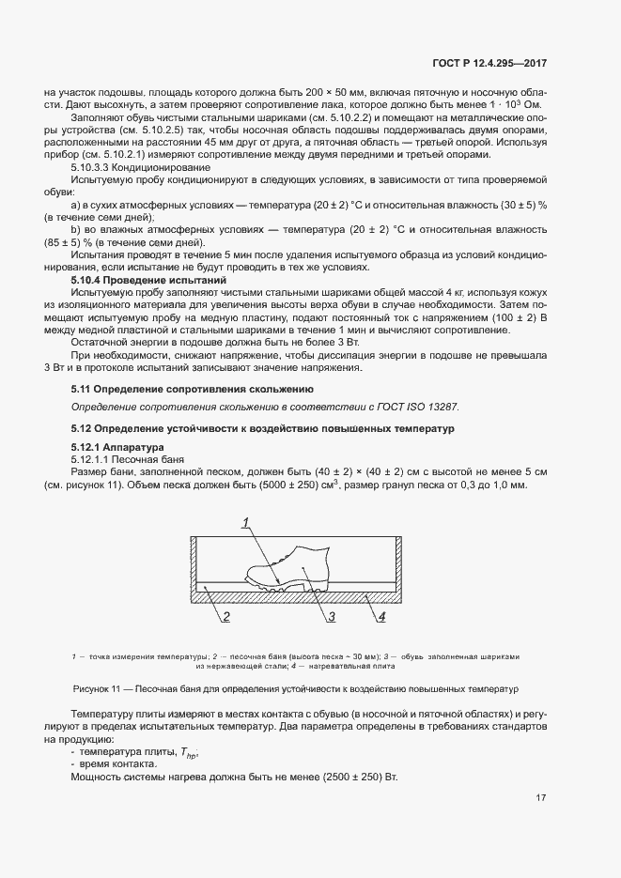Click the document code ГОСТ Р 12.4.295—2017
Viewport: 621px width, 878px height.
pyautogui.click(x=491, y=64)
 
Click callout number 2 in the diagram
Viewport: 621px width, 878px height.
pyautogui.click(x=227, y=617)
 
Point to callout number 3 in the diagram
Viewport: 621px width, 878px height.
pyautogui.click(x=332, y=617)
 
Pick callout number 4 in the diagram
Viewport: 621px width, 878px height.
pyautogui.click(x=382, y=617)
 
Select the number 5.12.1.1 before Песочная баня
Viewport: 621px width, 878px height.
pyautogui.click(x=96, y=459)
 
